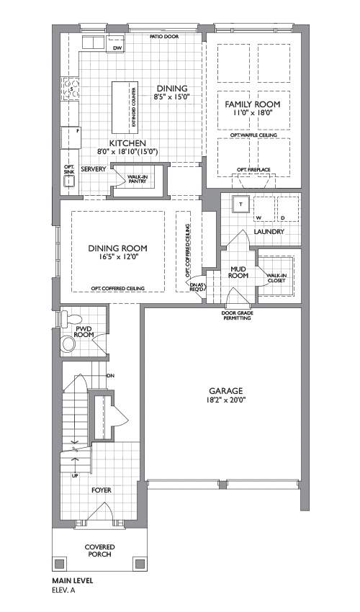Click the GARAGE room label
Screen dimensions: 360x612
click(225, 391)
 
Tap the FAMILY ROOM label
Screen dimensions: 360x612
click(252, 104)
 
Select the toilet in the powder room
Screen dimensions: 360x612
click(70, 318)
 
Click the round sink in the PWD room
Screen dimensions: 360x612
click(68, 344)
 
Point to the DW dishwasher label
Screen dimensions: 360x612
click(117, 48)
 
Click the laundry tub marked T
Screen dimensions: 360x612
click(240, 204)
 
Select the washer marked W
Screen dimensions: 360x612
click(264, 209)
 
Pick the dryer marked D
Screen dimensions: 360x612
click(288, 209)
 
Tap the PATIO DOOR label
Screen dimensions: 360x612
click(164, 37)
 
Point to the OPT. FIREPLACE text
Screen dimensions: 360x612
click(253, 170)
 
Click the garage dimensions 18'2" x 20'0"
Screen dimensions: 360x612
click(225, 400)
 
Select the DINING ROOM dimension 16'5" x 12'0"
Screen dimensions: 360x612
click(118, 257)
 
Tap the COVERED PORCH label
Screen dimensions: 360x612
click(100, 551)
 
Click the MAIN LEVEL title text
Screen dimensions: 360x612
click(73, 581)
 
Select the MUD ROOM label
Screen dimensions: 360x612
click(238, 272)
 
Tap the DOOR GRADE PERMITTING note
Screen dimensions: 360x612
click(236, 315)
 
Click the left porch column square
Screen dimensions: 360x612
click(59, 564)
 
